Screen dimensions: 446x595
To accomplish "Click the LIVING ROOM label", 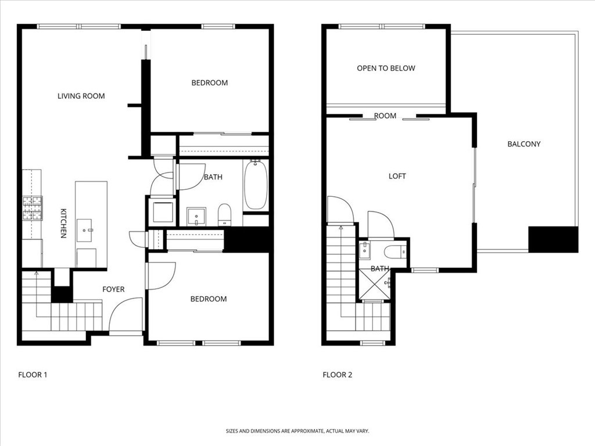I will tap(81, 96).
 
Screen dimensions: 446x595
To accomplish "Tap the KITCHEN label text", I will tap(63, 223).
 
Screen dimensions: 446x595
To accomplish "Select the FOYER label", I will tap(113, 289).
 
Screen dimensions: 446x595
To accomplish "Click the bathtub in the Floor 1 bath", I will tap(256, 185).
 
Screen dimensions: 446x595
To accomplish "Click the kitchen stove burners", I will tap(32, 208).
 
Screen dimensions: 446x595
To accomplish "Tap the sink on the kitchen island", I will tap(89, 230).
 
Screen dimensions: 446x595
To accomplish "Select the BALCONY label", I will tap(524, 144).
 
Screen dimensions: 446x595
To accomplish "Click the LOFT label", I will tap(397, 176).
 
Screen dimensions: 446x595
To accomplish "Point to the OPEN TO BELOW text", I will tap(386, 69).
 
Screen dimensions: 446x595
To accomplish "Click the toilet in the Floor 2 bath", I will tap(396, 252).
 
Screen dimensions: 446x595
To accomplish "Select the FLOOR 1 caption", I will tap(33, 375).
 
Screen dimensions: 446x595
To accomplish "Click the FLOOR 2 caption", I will tap(337, 375).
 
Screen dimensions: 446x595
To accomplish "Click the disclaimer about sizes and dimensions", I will tap(297, 431).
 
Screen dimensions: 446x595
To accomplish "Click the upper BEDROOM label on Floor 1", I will tap(209, 83).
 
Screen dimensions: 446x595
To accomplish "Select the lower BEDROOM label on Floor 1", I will tap(209, 299).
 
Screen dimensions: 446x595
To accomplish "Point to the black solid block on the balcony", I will tap(553, 239).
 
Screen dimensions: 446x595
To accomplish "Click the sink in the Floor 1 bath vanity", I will tap(196, 216).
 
